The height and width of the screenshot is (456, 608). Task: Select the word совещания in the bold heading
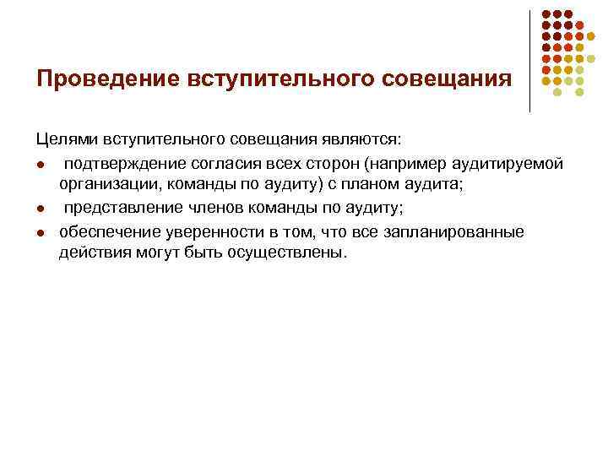click(x=448, y=79)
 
